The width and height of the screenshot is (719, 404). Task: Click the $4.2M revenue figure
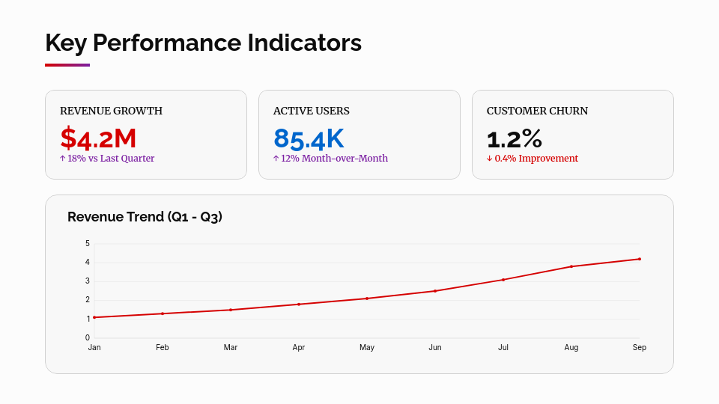[98, 138]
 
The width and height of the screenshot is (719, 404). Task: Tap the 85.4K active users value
[309, 138]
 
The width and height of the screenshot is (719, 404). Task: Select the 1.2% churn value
[514, 138]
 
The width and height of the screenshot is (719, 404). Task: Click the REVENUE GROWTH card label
[111, 111]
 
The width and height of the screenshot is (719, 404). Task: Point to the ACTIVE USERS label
[311, 111]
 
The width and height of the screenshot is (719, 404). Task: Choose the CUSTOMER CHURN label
[537, 111]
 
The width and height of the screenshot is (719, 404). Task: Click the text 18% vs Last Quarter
[110, 159]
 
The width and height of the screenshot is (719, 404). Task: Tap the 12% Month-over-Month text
[334, 159]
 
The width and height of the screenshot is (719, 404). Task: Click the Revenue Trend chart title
[145, 217]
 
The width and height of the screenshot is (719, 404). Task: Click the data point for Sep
[640, 259]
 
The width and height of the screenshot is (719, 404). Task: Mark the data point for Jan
[94, 317]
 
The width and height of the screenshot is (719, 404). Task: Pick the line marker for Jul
[503, 280]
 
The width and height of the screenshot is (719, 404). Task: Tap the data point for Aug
[571, 266]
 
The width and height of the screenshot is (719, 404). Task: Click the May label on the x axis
[367, 348]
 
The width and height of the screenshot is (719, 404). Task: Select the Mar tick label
[231, 348]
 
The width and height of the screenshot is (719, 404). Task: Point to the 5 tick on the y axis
[88, 243]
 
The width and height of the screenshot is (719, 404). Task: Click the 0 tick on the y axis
[88, 337]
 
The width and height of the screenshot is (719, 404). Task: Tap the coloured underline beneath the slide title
[67, 65]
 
